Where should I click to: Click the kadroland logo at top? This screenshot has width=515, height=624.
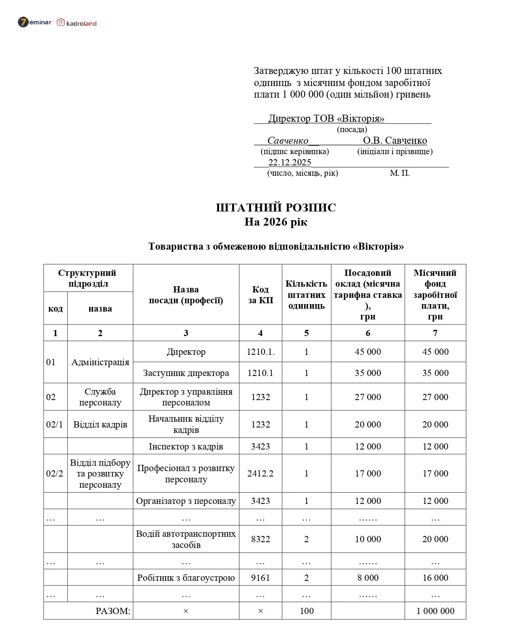tap(77, 23)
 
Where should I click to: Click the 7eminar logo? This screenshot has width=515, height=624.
tap(34, 22)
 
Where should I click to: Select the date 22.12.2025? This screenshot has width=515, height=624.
tap(290, 162)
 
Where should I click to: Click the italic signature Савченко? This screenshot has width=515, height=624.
tap(288, 140)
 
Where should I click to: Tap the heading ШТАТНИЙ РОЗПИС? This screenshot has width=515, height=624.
tap(276, 207)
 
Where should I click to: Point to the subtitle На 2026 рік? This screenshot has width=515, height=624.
tap(276, 222)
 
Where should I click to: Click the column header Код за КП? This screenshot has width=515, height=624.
tap(260, 295)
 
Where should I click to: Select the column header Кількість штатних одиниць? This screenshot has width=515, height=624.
tap(306, 295)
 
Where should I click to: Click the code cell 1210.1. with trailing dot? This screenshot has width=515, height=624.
tap(260, 352)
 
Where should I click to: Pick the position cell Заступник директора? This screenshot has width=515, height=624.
tap(186, 373)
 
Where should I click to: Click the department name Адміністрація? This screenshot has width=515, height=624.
tap(100, 362)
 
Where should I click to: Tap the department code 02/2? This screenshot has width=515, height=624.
tap(55, 474)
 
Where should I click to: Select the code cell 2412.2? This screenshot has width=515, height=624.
tap(260, 474)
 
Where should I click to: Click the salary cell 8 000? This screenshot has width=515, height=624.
tap(368, 578)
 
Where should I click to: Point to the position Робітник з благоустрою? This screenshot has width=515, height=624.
tap(186, 578)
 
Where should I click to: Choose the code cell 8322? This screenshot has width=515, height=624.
tap(260, 539)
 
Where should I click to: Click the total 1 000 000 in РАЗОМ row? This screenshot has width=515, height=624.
tap(435, 611)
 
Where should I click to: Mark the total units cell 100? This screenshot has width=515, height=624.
tap(306, 611)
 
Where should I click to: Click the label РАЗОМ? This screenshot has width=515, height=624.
tap(113, 611)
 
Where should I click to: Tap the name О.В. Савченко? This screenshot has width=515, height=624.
tap(395, 140)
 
